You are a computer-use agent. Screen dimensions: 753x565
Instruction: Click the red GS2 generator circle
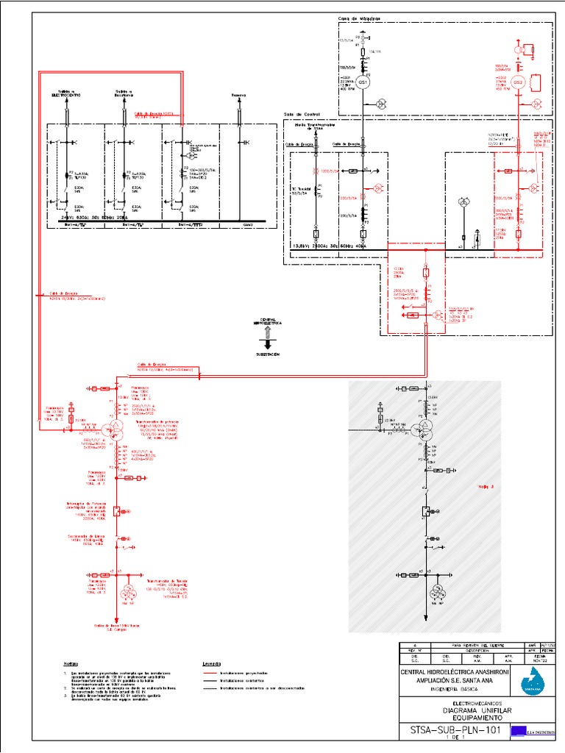coord(518,82)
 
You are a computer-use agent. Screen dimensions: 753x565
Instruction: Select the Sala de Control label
coord(302,115)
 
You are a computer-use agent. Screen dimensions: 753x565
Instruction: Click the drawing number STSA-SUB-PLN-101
coord(451,732)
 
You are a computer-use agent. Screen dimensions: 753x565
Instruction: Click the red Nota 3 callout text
coord(486,486)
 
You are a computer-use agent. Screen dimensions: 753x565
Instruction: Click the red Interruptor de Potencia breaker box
coord(117,512)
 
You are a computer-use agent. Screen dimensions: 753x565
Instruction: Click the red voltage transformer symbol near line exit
coord(129,592)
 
